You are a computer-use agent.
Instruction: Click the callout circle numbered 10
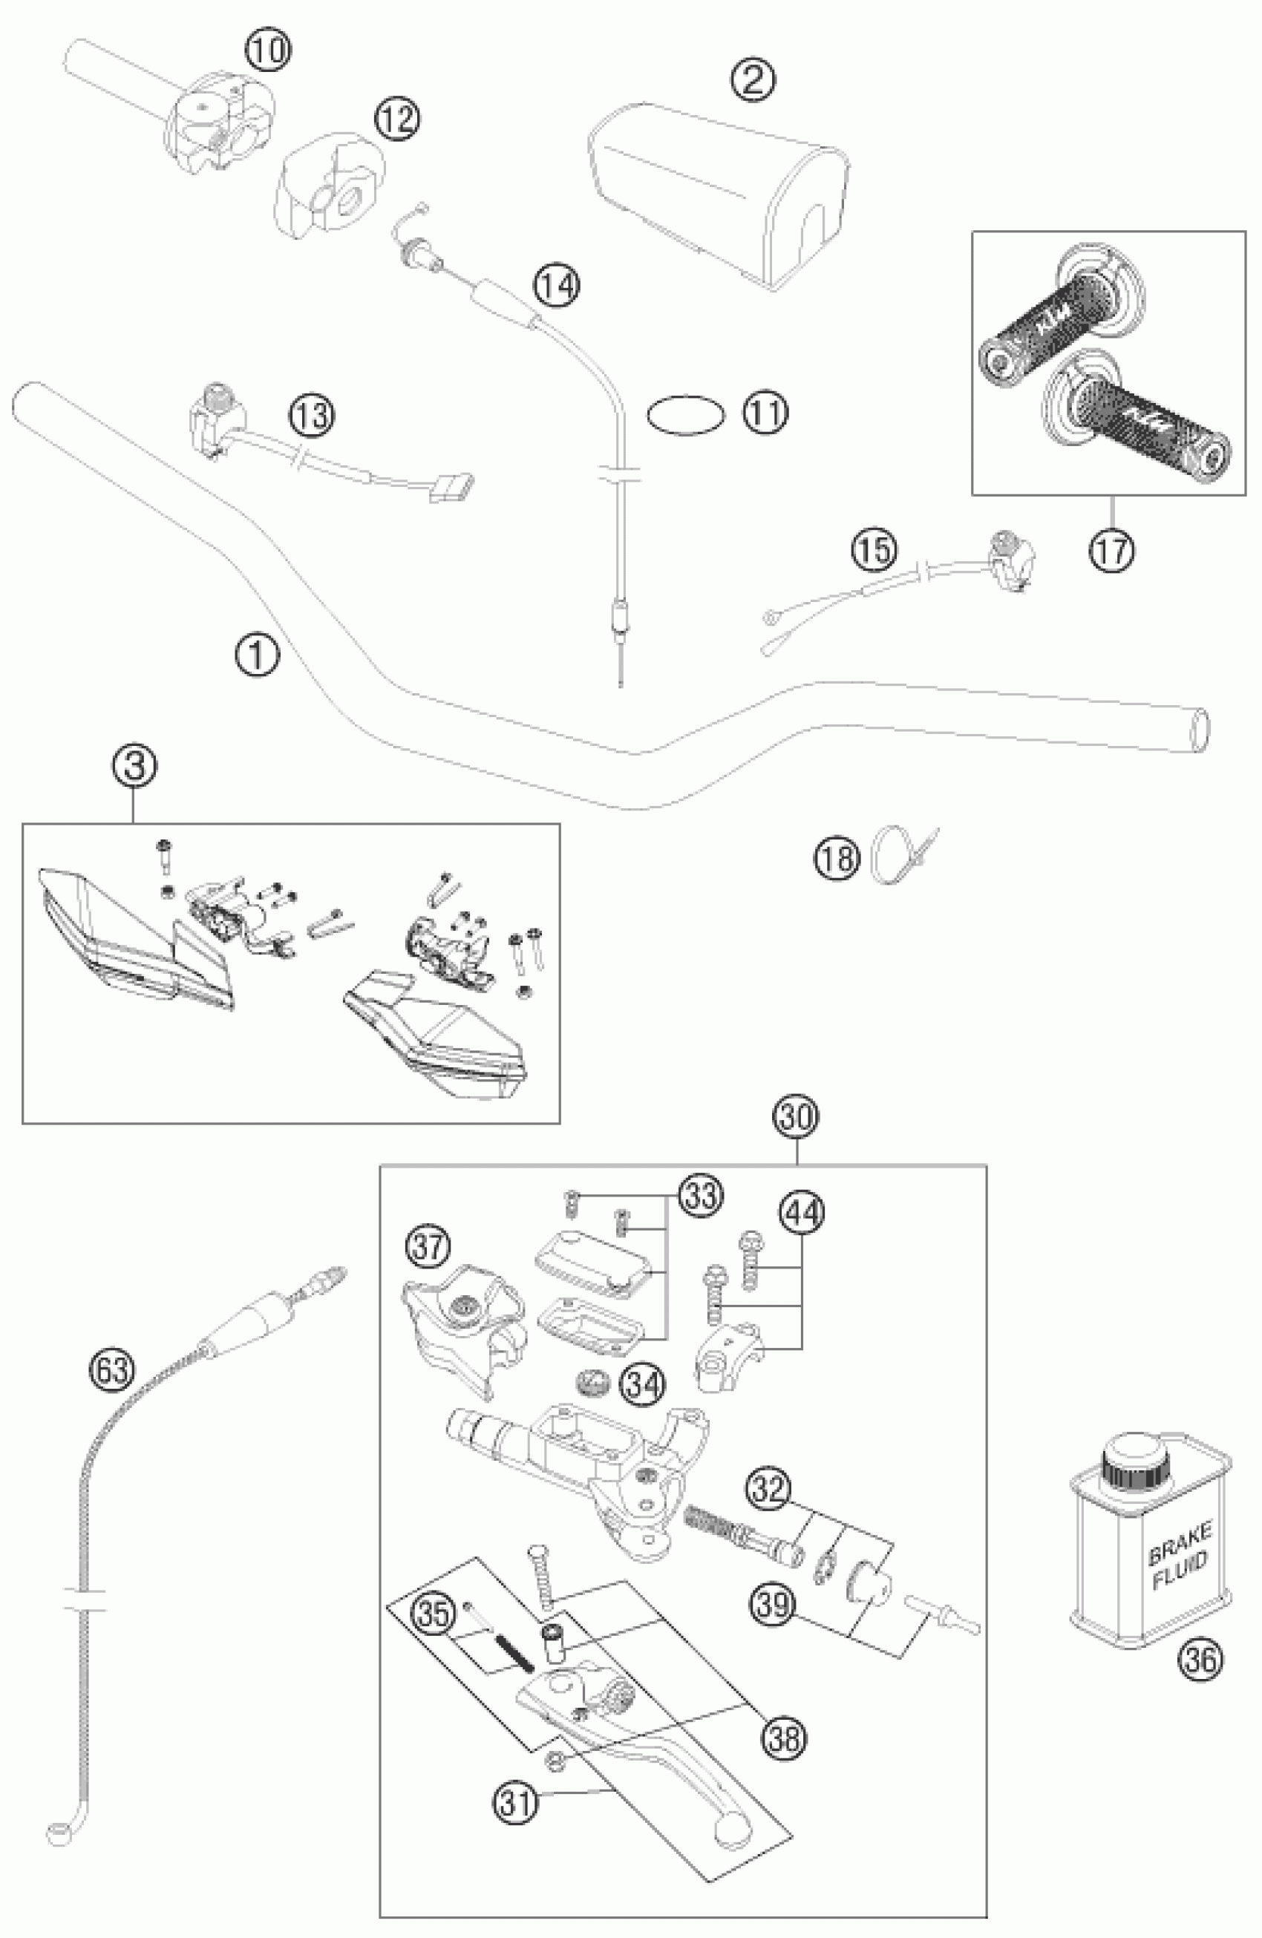(268, 50)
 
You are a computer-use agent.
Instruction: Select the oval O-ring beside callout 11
(684, 413)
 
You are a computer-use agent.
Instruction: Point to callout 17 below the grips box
(1112, 551)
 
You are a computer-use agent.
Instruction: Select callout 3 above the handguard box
(135, 766)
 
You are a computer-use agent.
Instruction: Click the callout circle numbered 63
(111, 1368)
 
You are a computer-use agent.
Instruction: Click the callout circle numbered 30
(797, 1117)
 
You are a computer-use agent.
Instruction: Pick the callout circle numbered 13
(313, 416)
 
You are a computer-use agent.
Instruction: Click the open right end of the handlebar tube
(1200, 730)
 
